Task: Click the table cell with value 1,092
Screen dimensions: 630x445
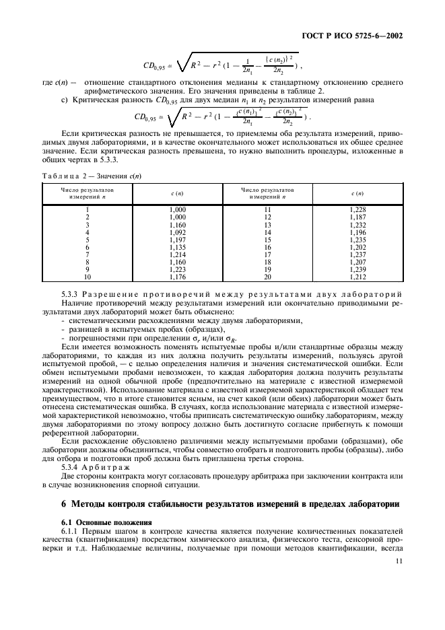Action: click(178, 232)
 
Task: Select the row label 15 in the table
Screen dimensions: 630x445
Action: click(268, 240)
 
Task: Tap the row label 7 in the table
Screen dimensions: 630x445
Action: click(88, 254)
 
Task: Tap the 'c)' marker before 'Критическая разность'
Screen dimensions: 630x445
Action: click(64, 100)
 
